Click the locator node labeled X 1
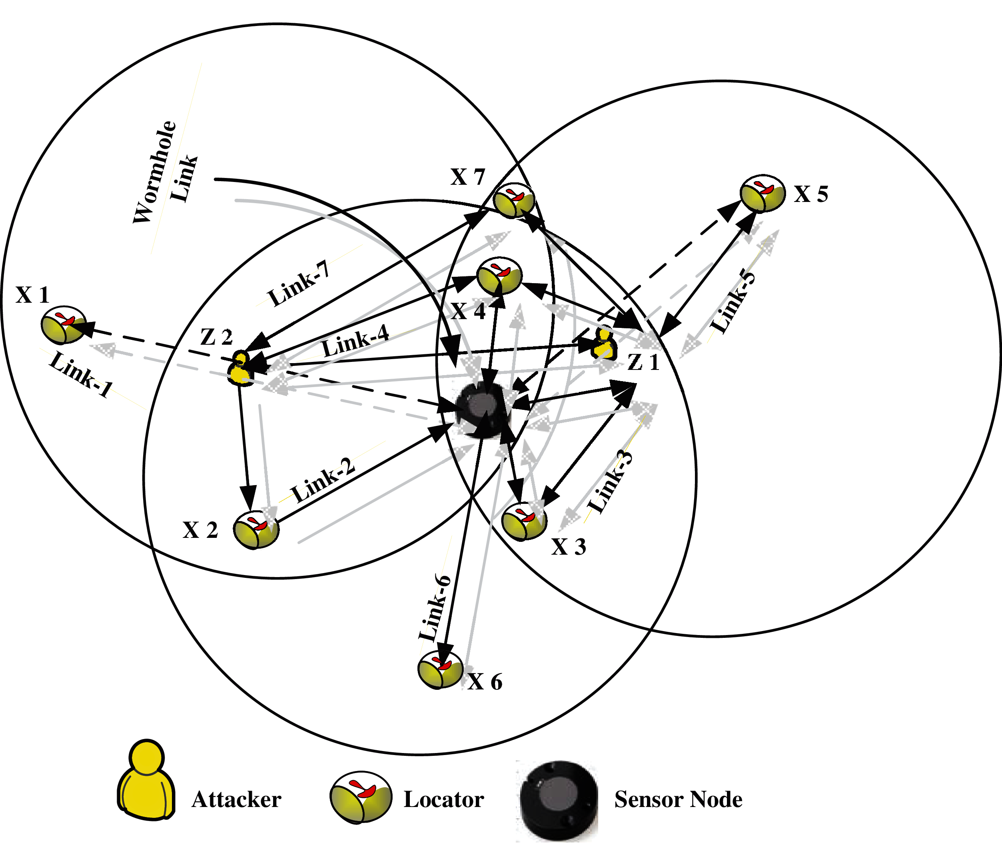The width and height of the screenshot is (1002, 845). pos(63,325)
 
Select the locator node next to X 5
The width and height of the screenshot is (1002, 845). pos(762,193)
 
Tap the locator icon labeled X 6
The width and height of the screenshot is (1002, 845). pos(440,669)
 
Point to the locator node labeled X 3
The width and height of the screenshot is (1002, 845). pos(524,521)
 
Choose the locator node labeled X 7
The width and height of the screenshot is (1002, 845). pos(514,200)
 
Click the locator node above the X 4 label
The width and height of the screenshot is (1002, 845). pos(499,276)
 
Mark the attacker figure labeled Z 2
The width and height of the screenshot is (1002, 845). pos(240,368)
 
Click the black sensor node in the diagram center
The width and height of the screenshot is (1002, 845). pos(483,410)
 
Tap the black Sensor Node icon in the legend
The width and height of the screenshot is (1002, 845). pos(559,797)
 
